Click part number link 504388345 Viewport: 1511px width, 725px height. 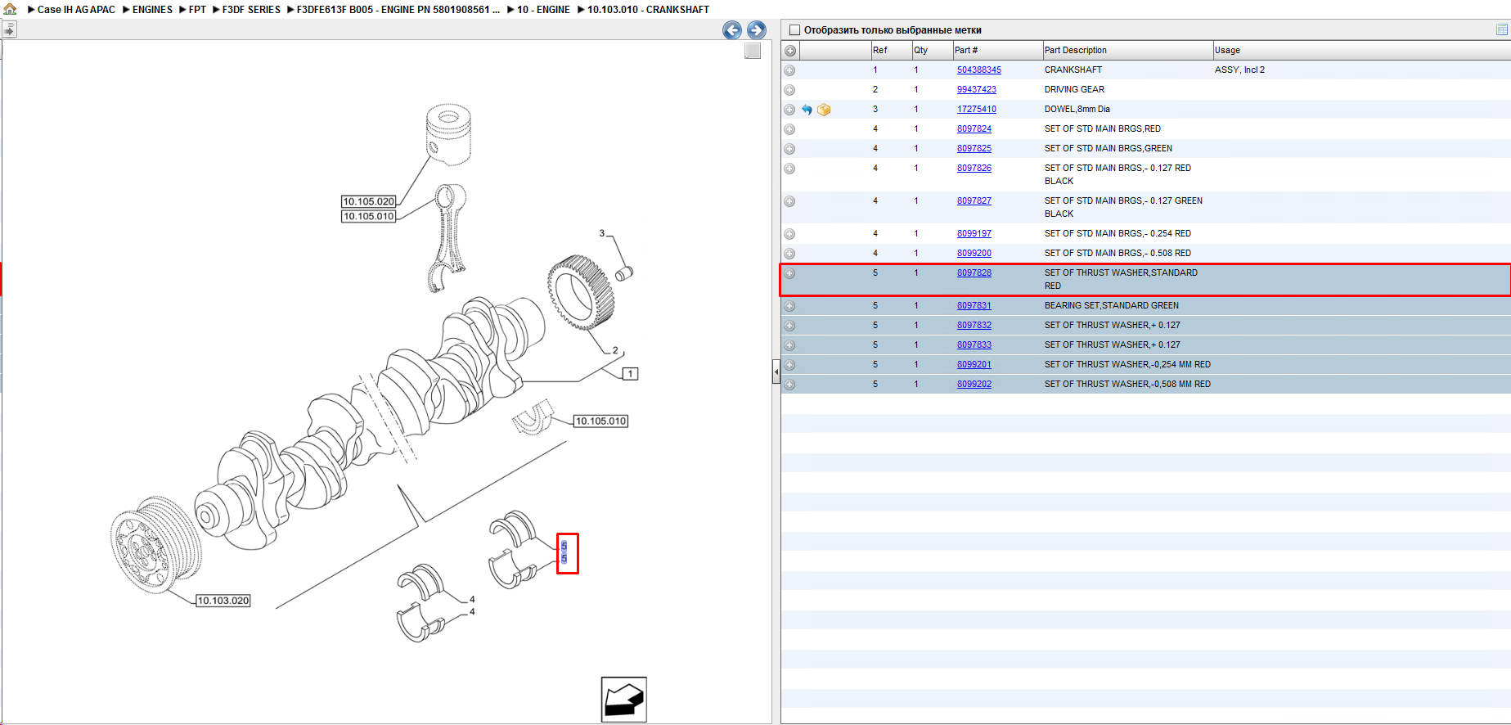click(978, 70)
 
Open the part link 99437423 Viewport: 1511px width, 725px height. click(976, 89)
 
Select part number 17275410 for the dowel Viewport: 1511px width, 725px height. click(976, 109)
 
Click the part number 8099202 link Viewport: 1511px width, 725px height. click(974, 384)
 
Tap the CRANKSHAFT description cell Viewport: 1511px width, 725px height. click(1073, 70)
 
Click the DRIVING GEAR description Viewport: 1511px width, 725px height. click(1074, 89)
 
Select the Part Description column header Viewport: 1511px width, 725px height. click(1075, 50)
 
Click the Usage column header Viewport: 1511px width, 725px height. click(1227, 50)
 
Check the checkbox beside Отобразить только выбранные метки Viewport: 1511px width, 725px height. click(794, 30)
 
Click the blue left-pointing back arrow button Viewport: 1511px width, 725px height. click(732, 30)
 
